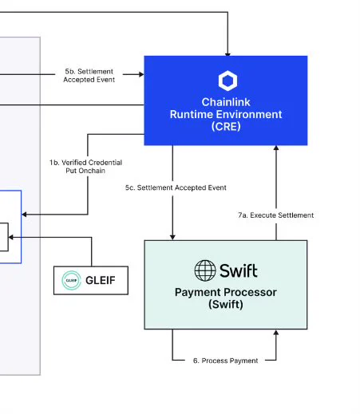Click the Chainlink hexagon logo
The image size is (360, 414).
click(x=227, y=81)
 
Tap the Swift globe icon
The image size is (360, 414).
click(x=205, y=270)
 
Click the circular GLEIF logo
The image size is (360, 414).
click(x=71, y=280)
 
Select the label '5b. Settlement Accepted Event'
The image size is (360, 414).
click(x=89, y=76)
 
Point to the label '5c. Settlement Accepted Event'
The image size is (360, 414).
click(x=176, y=187)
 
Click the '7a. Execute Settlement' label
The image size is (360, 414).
click(x=276, y=215)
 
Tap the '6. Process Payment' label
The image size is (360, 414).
click(x=225, y=361)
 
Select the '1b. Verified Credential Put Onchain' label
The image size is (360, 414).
click(x=85, y=167)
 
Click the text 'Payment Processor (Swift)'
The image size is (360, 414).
click(x=226, y=298)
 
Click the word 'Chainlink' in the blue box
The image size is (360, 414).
click(x=226, y=102)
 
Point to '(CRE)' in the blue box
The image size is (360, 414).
click(x=226, y=126)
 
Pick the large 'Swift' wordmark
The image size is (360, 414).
click(x=239, y=270)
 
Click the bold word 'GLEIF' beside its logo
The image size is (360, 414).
click(x=101, y=280)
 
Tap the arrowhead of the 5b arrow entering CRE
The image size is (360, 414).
click(x=141, y=74)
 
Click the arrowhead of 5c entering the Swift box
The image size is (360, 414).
click(x=172, y=238)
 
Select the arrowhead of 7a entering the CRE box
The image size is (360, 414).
click(x=276, y=148)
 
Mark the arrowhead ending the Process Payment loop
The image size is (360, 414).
click(x=276, y=333)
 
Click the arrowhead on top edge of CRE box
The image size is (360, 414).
click(x=227, y=54)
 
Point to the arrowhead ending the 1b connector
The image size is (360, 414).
click(x=24, y=215)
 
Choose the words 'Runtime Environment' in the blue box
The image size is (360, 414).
click(x=226, y=114)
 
